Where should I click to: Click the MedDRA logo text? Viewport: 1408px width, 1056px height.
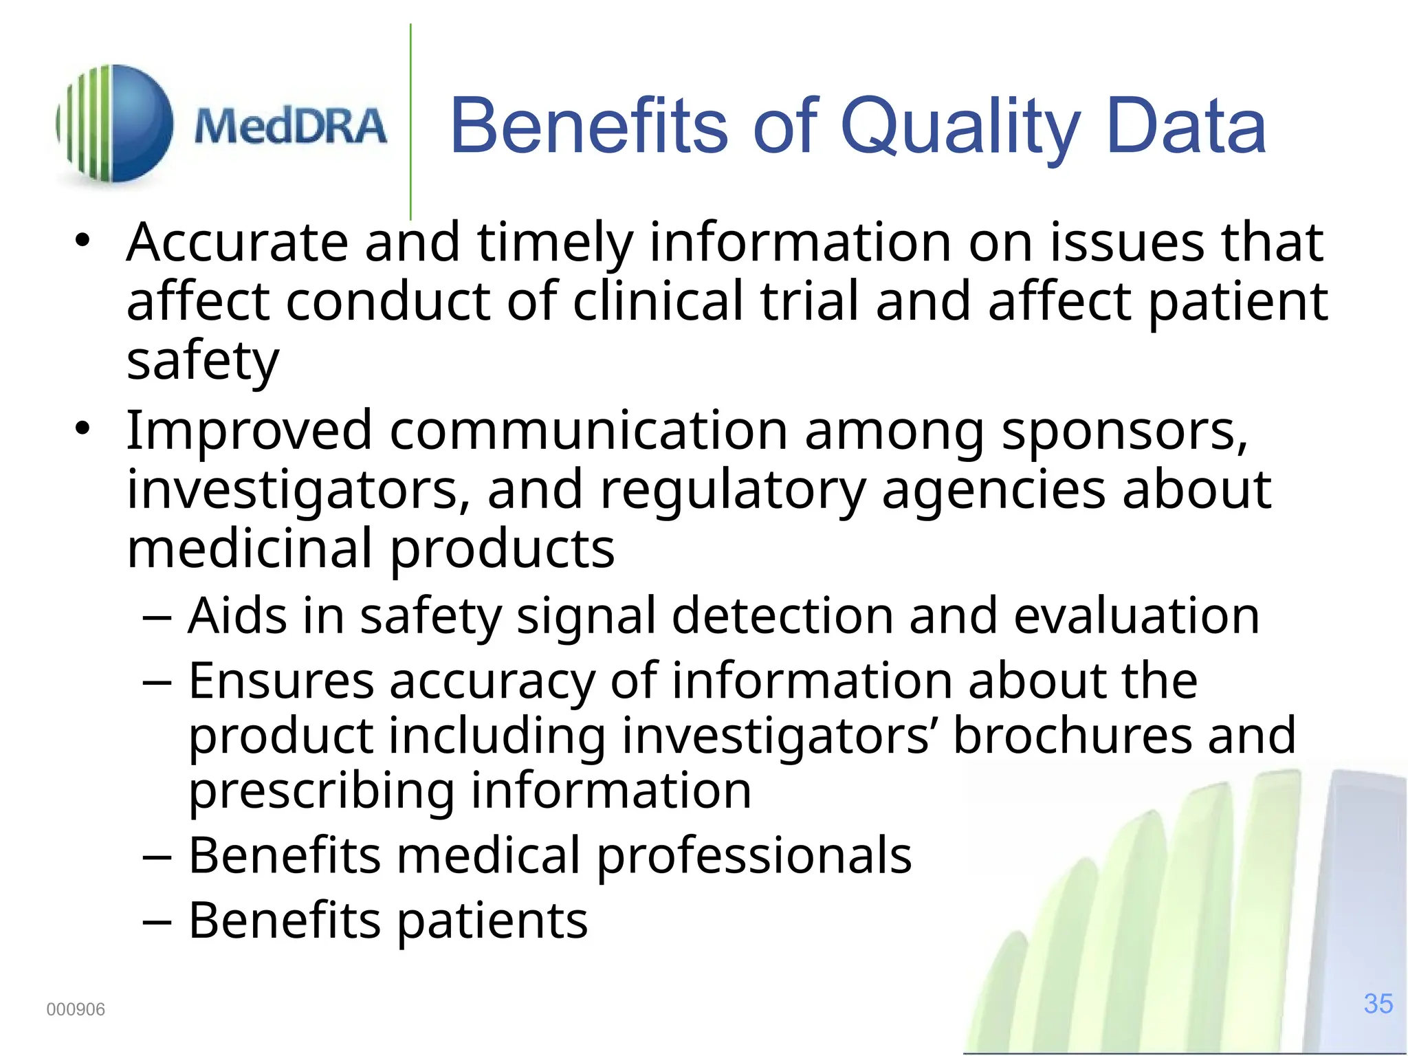(x=290, y=126)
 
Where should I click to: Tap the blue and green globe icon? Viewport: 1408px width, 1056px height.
(x=115, y=124)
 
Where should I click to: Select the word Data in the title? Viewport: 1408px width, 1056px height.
(x=1187, y=126)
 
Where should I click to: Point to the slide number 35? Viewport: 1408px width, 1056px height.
(x=1378, y=1004)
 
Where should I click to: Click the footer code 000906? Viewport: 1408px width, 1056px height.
(x=76, y=1009)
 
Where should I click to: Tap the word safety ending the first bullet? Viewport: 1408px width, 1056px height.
(x=203, y=362)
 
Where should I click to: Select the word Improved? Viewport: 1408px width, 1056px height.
(x=249, y=432)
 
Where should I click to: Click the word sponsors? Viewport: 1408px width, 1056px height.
(x=1124, y=432)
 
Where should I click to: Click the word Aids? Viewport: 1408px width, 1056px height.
(x=237, y=615)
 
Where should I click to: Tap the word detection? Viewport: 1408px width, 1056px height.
(x=782, y=615)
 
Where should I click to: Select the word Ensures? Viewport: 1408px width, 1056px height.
(x=281, y=681)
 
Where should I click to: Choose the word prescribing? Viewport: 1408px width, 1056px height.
(x=321, y=792)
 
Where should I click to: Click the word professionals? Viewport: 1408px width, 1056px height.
(x=753, y=856)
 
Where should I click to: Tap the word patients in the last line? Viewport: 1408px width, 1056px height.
(x=492, y=921)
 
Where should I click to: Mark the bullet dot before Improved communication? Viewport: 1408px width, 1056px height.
(x=83, y=429)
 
